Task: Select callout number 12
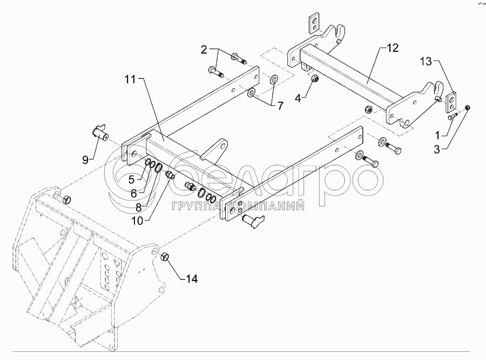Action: pyautogui.click(x=392, y=48)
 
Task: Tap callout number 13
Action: pyautogui.click(x=427, y=62)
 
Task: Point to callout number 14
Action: pyautogui.click(x=192, y=279)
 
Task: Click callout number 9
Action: pyautogui.click(x=85, y=158)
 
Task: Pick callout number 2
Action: pyautogui.click(x=204, y=50)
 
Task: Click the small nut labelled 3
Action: pyautogui.click(x=468, y=108)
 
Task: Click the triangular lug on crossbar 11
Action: pyautogui.click(x=219, y=149)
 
